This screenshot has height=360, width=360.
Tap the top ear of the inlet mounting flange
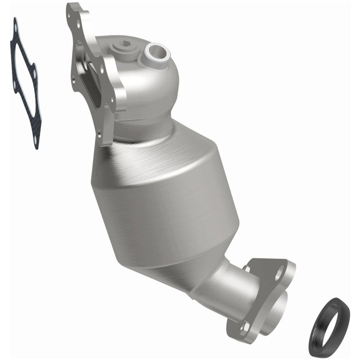click(x=75, y=11)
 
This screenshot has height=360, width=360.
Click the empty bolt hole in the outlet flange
click(x=278, y=273)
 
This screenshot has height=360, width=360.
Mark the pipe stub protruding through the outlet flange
click(x=280, y=305)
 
